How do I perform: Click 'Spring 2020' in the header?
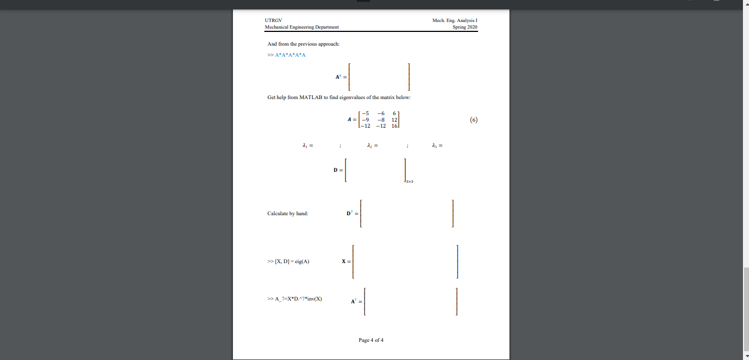click(x=465, y=27)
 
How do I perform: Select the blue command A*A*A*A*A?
click(x=290, y=55)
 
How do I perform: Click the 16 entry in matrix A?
click(x=394, y=126)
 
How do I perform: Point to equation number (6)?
click(x=473, y=120)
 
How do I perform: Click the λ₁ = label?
click(x=307, y=146)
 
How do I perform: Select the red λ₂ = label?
click(x=372, y=146)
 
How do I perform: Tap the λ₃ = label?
click(x=438, y=146)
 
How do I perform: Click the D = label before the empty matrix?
click(x=338, y=170)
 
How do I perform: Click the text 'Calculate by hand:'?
click(x=287, y=213)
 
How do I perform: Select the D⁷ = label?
click(x=352, y=213)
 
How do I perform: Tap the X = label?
click(x=346, y=261)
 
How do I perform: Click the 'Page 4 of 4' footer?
click(x=371, y=340)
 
